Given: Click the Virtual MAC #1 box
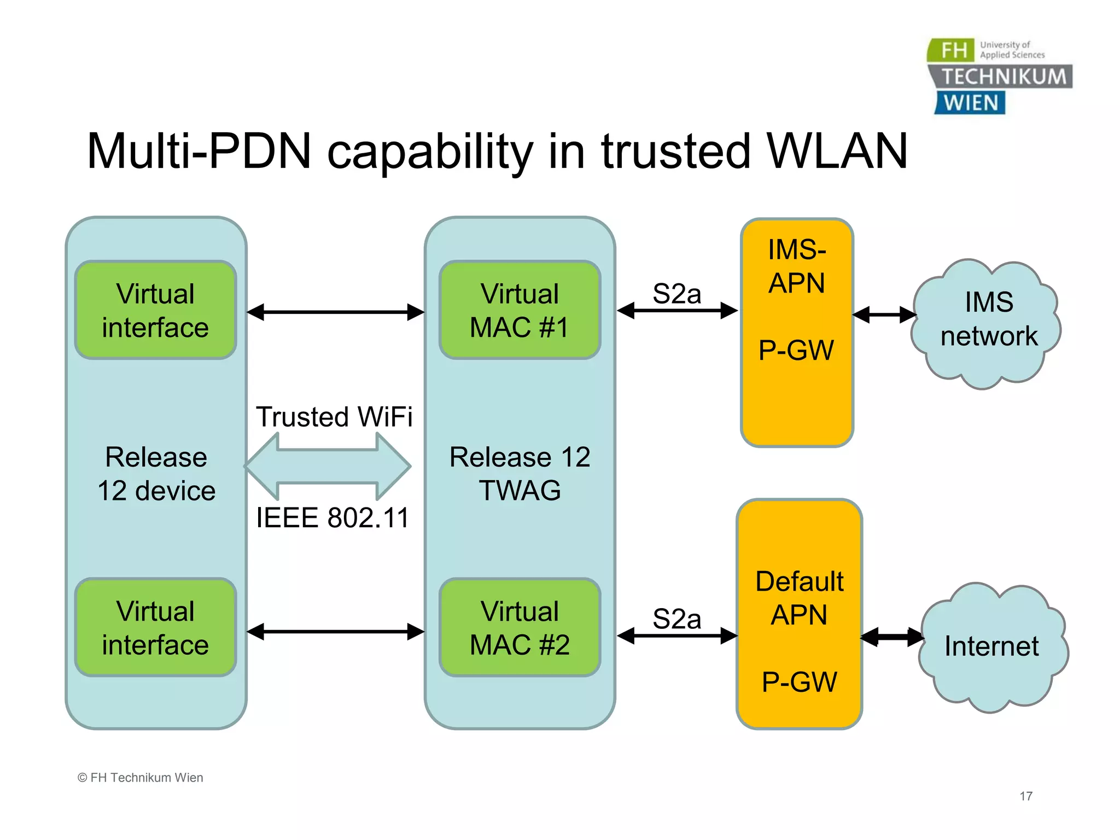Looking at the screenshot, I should click(520, 311).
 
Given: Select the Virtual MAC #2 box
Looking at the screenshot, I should click(520, 628).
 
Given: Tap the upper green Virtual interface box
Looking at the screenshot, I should click(155, 311).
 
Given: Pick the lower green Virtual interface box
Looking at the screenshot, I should click(155, 628).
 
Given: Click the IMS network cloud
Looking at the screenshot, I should click(987, 323).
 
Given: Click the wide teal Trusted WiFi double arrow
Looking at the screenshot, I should click(328, 466).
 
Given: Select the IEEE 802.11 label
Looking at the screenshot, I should click(332, 517).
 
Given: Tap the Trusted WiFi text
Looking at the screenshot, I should click(334, 417).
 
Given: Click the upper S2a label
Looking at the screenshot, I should click(676, 294).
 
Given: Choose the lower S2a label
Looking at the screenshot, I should click(676, 619).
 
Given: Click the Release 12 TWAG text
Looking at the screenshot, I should click(520, 474).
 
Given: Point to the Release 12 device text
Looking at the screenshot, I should click(156, 474).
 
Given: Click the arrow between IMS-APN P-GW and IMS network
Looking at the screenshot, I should click(884, 315).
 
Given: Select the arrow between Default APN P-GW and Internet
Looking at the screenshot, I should click(891, 637).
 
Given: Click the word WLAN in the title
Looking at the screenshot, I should click(837, 151).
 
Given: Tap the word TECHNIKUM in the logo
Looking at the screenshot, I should click(1004, 77).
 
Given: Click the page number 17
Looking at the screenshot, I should click(1026, 796).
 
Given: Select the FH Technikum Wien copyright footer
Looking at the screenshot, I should click(141, 778).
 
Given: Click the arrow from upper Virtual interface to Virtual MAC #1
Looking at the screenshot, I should click(335, 312).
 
